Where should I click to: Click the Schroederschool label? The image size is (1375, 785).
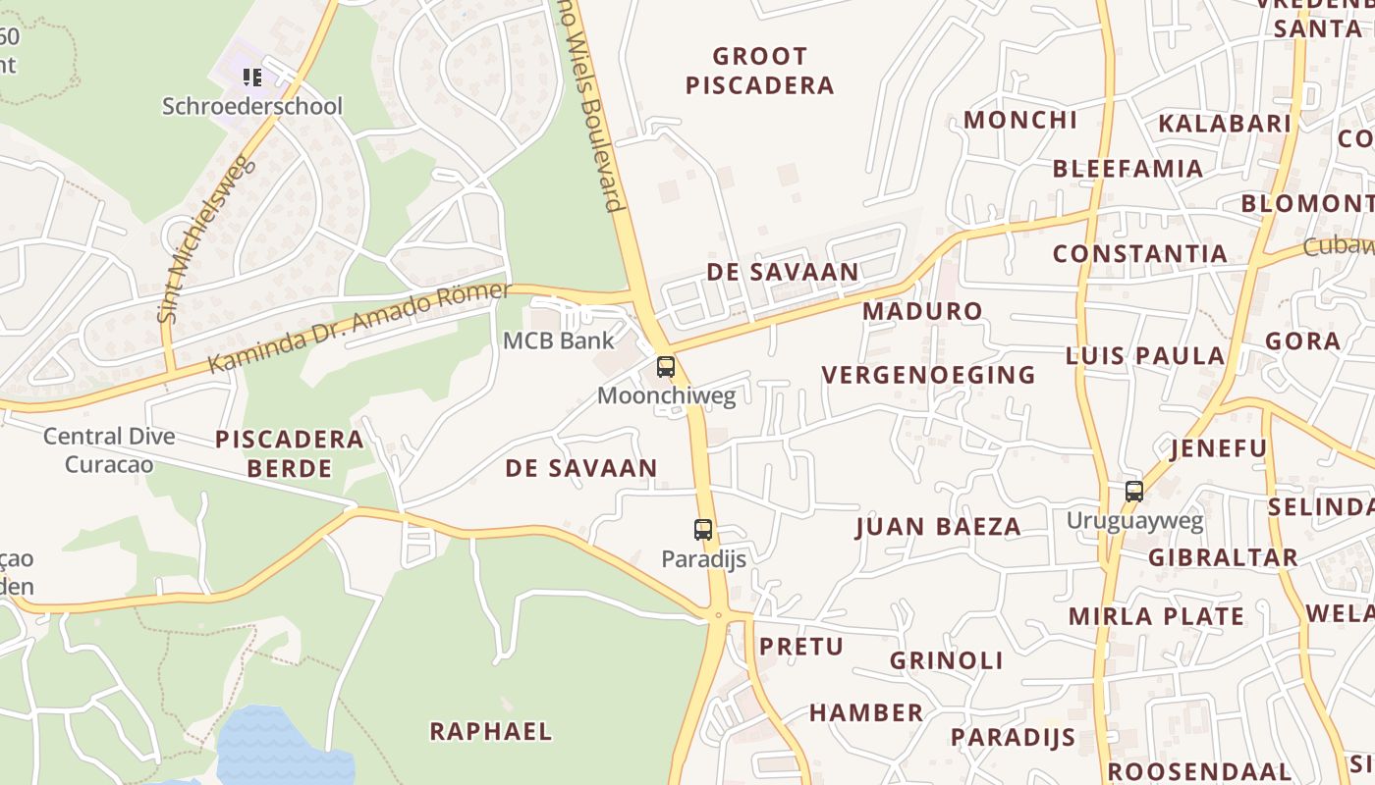(252, 106)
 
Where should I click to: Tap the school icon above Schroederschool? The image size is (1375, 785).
(252, 77)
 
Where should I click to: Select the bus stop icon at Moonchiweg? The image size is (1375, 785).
(666, 368)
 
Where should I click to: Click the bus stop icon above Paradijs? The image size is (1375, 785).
(703, 530)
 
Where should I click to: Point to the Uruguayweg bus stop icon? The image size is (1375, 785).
(1134, 492)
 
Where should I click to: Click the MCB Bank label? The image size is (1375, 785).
(558, 340)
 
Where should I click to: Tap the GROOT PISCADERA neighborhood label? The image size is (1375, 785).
(760, 71)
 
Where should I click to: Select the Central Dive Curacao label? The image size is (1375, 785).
(109, 449)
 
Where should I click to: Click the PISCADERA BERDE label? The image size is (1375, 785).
(290, 453)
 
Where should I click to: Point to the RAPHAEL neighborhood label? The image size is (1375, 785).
(491, 731)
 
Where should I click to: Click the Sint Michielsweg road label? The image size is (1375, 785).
(206, 238)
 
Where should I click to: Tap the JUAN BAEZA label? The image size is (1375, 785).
(938, 527)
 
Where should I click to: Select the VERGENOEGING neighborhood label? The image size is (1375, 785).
(928, 375)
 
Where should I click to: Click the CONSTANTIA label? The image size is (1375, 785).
(1140, 254)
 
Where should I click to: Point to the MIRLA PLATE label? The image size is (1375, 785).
(1156, 616)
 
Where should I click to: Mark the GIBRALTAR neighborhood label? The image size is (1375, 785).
(1223, 557)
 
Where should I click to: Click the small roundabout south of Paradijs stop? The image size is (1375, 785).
(718, 615)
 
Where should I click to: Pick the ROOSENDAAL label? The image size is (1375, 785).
(1199, 771)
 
